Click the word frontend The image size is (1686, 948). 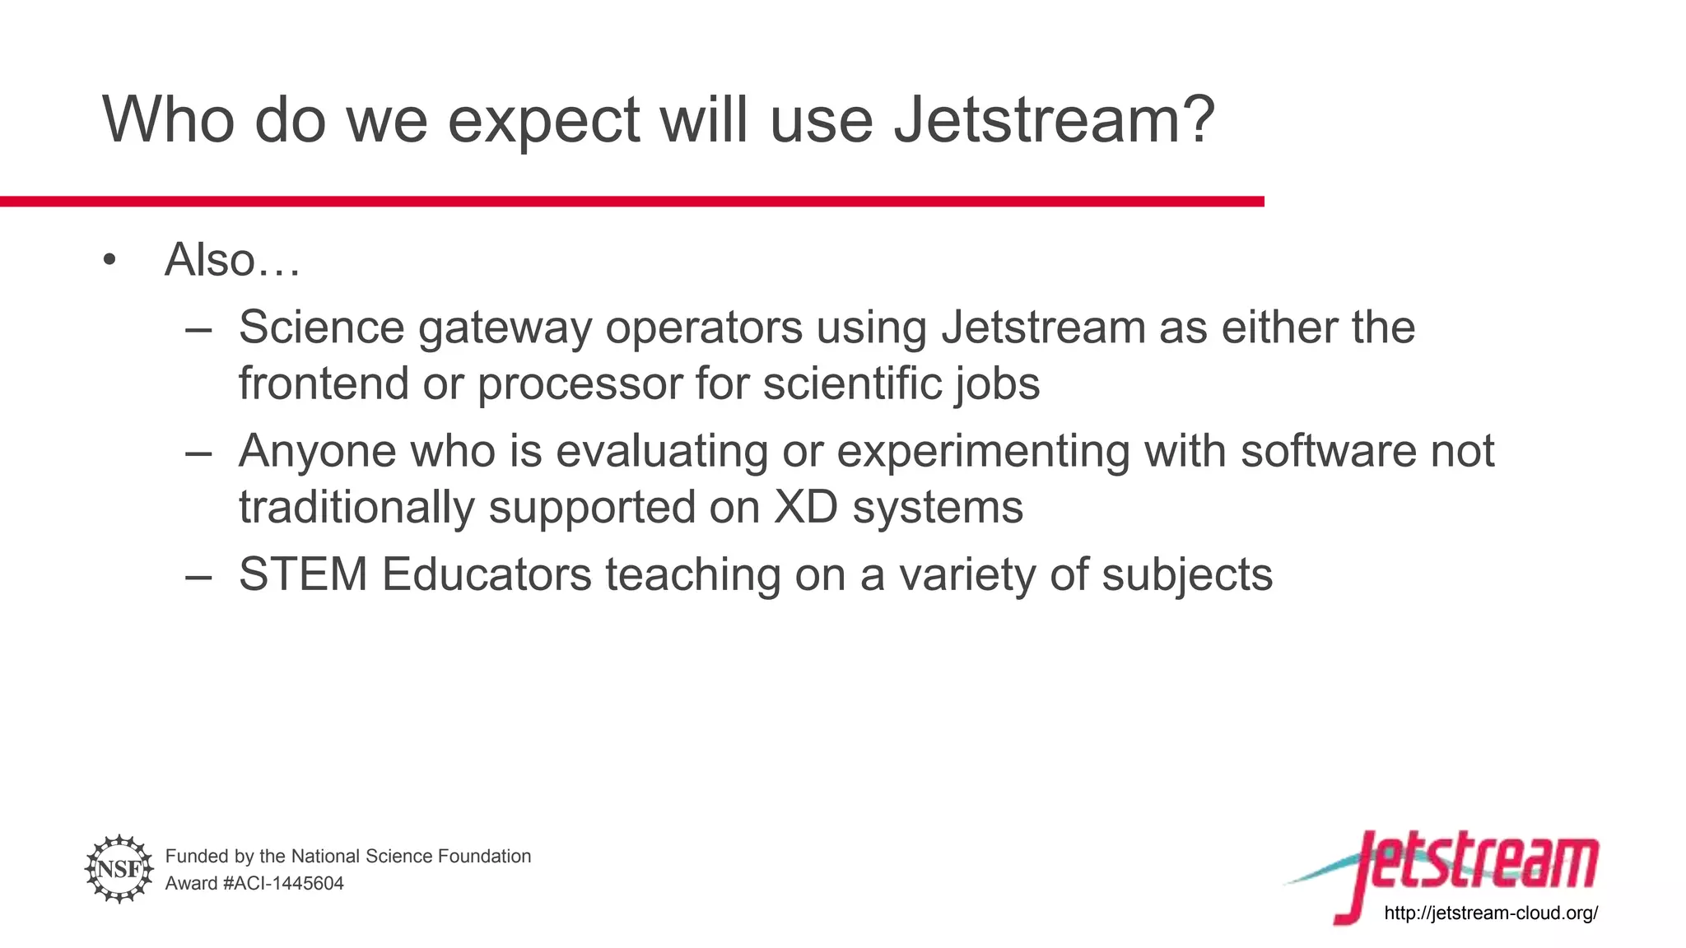coord(324,383)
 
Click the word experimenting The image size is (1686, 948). coord(983,453)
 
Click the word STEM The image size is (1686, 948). coord(302,574)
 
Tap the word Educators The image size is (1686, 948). coord(487,574)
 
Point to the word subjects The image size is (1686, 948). coord(1187,576)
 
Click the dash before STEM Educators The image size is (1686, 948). coord(198,576)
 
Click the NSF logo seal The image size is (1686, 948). coord(119,868)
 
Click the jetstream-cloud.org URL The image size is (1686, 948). coord(1491,913)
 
